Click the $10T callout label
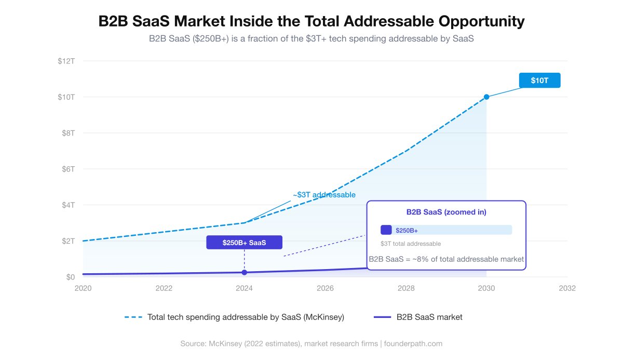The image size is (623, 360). coord(539,81)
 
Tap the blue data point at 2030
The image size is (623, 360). coord(486,97)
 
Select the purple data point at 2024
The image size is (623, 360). coord(244,273)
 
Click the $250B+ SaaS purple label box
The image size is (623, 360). coord(244,243)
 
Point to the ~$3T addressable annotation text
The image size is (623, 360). coord(324,195)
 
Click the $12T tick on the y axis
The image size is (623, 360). coord(66,61)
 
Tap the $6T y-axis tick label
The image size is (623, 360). coord(67,169)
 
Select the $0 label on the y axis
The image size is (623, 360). coord(70,277)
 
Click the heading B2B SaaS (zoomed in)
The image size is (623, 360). coord(446,212)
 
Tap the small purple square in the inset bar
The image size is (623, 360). coord(386,230)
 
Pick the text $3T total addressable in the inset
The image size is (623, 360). coord(411,244)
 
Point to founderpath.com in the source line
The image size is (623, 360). coord(413,343)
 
